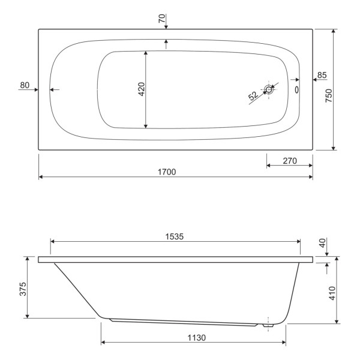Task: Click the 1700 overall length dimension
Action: coord(167,172)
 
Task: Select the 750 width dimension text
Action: coord(329,96)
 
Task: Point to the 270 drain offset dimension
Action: coord(290,160)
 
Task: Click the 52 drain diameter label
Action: coord(253,95)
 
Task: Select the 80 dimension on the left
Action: coord(25,85)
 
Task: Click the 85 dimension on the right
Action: coord(322,75)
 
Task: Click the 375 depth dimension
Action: coord(21,289)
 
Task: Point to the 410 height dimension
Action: coord(332,293)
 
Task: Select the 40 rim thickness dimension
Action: coord(322,244)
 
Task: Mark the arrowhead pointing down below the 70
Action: coord(166,26)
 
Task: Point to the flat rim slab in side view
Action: coord(175,260)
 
